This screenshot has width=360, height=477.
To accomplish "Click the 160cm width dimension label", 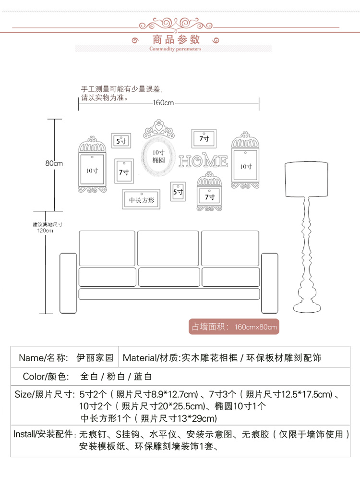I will tap(163, 102).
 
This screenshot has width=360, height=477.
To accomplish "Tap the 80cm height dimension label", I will tap(54, 163).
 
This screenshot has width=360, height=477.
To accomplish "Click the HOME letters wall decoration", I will tap(203, 161).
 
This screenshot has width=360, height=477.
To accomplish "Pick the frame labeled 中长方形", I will tap(141, 200).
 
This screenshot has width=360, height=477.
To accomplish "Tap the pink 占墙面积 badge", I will tap(234, 327).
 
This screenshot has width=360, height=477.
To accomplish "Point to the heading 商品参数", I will tap(176, 39).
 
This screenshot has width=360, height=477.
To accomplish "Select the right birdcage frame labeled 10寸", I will tap(246, 161).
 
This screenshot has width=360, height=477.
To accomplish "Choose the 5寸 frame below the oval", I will tap(178, 192).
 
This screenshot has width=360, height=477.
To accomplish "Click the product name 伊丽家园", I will tap(95, 357).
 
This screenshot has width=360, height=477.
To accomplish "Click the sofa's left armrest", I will tap(68, 283).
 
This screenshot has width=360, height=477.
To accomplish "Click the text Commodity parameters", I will tap(175, 49).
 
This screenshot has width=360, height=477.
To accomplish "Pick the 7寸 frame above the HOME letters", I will tap(204, 138).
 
